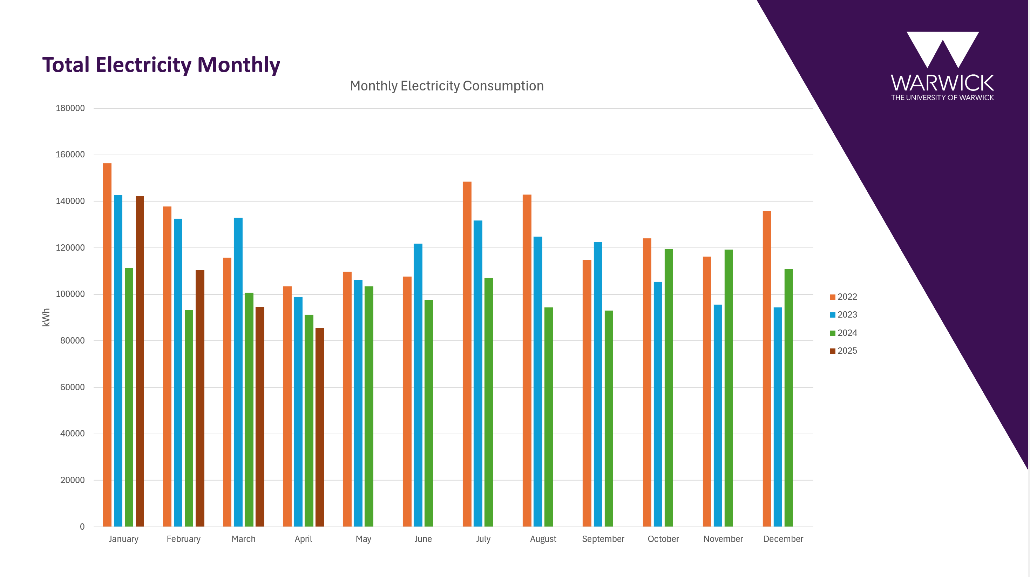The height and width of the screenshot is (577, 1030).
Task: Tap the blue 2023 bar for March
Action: tap(238, 372)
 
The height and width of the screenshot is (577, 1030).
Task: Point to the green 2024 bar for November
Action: tap(729, 388)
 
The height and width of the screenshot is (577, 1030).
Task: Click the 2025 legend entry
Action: tap(844, 351)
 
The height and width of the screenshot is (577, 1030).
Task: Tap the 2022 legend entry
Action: tap(844, 297)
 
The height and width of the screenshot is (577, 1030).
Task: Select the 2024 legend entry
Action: tap(844, 333)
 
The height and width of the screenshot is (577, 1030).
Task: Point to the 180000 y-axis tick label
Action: tap(70, 108)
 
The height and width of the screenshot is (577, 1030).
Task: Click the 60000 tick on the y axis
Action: tap(72, 387)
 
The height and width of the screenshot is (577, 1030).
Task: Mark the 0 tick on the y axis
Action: tap(82, 527)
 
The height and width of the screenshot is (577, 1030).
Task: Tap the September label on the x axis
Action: tap(603, 539)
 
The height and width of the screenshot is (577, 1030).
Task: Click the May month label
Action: tap(364, 539)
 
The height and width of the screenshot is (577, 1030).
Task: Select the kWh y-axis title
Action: tap(46, 318)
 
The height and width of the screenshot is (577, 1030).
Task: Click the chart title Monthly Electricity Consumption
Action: tap(447, 86)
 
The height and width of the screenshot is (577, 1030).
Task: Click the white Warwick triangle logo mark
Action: tap(942, 48)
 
